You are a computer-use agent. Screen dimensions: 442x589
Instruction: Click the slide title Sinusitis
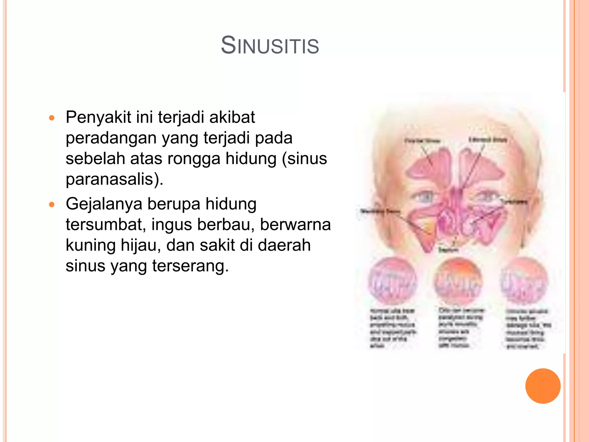(x=270, y=45)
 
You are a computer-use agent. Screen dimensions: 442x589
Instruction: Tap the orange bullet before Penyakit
(x=52, y=118)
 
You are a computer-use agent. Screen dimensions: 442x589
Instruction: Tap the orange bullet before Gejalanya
(x=52, y=205)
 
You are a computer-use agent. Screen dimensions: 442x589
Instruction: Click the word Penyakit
(x=98, y=117)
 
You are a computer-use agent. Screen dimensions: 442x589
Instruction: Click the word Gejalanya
(x=104, y=204)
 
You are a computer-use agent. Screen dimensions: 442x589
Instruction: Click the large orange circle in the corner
(x=543, y=386)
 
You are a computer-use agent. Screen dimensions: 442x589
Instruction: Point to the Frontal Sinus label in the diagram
(x=422, y=141)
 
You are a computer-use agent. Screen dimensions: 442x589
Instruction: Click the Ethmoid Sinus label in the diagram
(x=488, y=140)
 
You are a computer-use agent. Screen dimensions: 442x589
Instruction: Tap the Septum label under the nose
(x=448, y=250)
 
